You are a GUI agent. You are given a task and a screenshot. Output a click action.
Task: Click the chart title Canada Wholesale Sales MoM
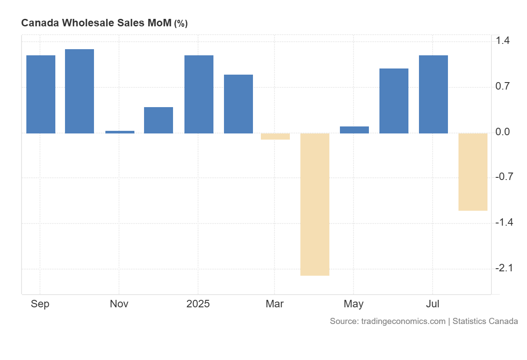(x=96, y=23)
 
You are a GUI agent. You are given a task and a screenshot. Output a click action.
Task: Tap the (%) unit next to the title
(x=181, y=24)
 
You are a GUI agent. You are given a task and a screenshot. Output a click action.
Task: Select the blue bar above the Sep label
(x=41, y=94)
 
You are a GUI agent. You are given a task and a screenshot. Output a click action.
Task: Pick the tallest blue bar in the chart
(x=79, y=91)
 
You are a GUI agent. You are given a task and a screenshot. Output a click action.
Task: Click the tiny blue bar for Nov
(x=120, y=132)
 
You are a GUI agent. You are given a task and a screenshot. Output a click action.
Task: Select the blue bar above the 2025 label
(x=199, y=94)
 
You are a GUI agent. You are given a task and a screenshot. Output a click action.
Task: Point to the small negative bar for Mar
(x=275, y=137)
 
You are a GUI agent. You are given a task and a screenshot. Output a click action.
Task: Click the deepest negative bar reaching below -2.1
(x=315, y=204)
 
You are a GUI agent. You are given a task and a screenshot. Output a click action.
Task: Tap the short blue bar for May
(x=354, y=130)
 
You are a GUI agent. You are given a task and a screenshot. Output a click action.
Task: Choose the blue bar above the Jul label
(x=433, y=94)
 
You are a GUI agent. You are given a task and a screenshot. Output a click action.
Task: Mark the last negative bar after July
(x=473, y=172)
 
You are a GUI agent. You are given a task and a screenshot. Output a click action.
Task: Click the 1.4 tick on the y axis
(x=502, y=41)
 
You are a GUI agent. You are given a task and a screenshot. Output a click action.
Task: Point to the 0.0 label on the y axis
(x=502, y=132)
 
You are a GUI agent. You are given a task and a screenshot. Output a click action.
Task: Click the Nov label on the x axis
(x=119, y=304)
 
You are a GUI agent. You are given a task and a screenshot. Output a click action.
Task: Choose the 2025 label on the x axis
(x=198, y=304)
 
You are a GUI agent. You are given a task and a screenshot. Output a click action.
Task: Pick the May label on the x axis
(x=354, y=304)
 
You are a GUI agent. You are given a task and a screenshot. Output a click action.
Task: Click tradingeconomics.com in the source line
(x=403, y=321)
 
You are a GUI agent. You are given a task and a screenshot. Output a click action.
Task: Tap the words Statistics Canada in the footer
(x=485, y=321)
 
